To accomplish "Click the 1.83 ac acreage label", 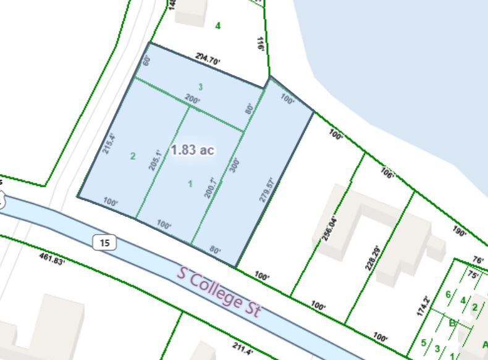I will point(192,150).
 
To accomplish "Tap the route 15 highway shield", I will point(104,243).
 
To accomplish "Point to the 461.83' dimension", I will point(52,257).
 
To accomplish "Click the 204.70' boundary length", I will point(208,59).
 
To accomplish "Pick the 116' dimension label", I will point(261,43).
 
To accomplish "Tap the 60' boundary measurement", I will point(147,60).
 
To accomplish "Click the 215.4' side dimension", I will point(109,143).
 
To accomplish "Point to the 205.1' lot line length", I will point(155,160).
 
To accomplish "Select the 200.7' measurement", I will point(211,187).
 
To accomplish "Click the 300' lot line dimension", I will point(235,165).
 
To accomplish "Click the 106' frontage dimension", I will point(387,174).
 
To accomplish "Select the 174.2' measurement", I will point(423,307).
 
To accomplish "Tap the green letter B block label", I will point(452,322).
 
